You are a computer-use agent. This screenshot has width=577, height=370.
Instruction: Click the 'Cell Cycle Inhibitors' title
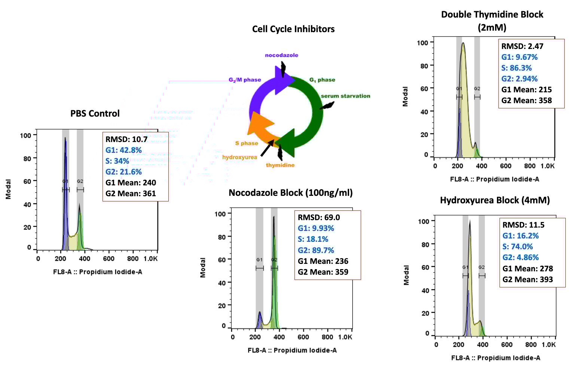coord(293,29)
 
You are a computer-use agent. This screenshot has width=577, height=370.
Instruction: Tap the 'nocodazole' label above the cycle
coord(281,55)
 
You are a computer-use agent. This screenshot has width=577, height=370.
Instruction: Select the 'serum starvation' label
coord(345,96)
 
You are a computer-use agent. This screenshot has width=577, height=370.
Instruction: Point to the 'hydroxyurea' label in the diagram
coord(239,157)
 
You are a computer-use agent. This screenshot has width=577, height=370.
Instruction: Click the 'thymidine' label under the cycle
coord(280,165)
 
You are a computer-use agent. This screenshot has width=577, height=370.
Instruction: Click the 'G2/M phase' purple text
coord(245,80)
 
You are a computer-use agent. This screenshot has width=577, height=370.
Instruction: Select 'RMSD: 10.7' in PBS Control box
coord(126,139)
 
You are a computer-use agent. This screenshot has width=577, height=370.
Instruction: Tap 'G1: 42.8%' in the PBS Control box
coord(123,150)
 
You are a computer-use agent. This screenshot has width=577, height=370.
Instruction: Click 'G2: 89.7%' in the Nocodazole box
coord(316,250)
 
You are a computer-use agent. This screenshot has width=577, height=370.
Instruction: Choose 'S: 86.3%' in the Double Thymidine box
coord(516,68)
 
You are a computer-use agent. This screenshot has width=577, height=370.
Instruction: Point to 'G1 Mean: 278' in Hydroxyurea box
coord(528,268)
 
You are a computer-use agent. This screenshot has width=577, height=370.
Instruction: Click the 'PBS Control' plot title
coord(95,114)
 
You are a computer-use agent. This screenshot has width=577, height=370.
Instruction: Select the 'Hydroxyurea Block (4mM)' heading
coord(495,200)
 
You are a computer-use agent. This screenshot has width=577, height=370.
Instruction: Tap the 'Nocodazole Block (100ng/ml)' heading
coord(290,193)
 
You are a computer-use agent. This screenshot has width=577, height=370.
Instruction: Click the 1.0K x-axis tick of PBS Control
coord(150,259)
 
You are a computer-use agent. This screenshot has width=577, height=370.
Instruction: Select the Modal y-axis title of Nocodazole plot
coord(203,268)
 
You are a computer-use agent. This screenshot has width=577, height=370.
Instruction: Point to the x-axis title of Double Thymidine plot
coord(494,179)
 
